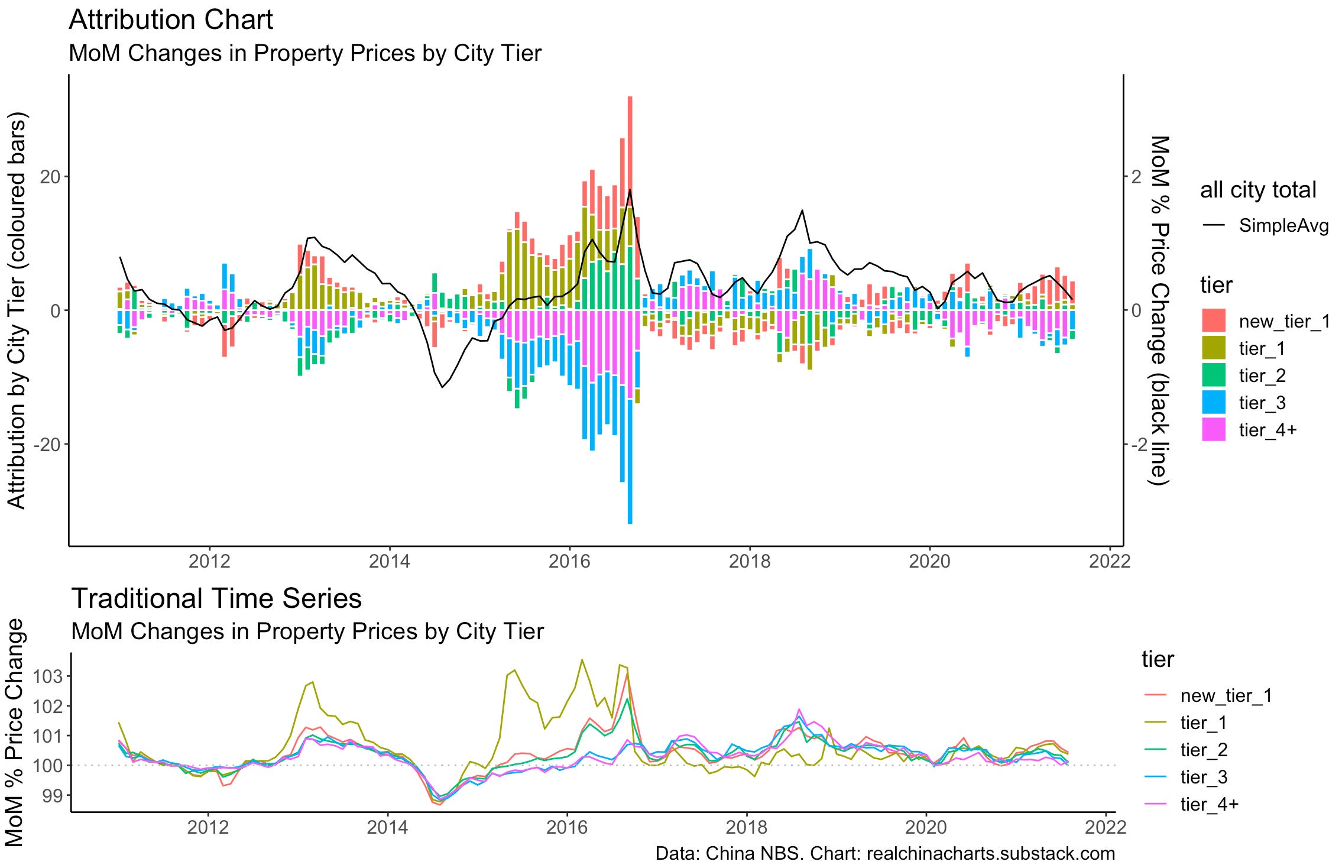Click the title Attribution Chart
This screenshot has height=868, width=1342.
[170, 20]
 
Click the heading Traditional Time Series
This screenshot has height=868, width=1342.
[216, 598]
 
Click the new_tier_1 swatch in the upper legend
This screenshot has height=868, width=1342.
[1214, 321]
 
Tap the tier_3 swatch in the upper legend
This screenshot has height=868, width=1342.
[1214, 403]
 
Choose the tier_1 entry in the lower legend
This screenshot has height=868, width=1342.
[1203, 723]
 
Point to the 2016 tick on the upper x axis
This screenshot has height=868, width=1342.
[569, 561]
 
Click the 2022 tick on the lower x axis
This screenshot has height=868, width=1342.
[1106, 827]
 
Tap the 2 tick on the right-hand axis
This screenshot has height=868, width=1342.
[1136, 176]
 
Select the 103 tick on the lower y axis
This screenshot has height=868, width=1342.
[49, 676]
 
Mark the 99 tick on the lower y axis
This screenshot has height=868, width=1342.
[53, 795]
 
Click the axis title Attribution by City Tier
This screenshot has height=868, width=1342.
[17, 310]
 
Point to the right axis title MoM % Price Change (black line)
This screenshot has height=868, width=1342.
[1159, 310]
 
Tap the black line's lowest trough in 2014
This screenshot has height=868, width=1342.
[442, 387]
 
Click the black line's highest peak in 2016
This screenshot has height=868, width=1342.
[630, 190]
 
